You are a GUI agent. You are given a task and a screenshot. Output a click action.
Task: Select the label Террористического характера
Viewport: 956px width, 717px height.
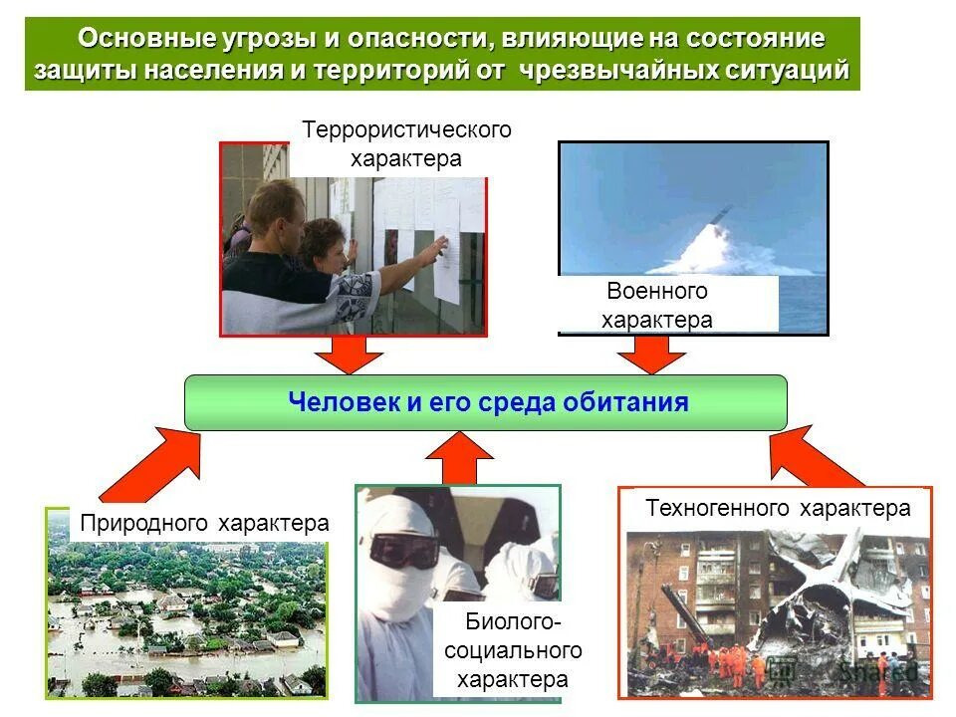(x=406, y=144)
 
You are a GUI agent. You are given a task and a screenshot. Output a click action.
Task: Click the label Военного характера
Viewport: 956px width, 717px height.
(x=657, y=305)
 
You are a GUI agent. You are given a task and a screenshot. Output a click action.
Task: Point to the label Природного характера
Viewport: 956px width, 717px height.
(x=204, y=523)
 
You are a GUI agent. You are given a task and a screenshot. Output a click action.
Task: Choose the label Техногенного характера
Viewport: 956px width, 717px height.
(x=778, y=508)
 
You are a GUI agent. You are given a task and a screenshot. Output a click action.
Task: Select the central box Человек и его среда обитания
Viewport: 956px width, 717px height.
(x=486, y=402)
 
